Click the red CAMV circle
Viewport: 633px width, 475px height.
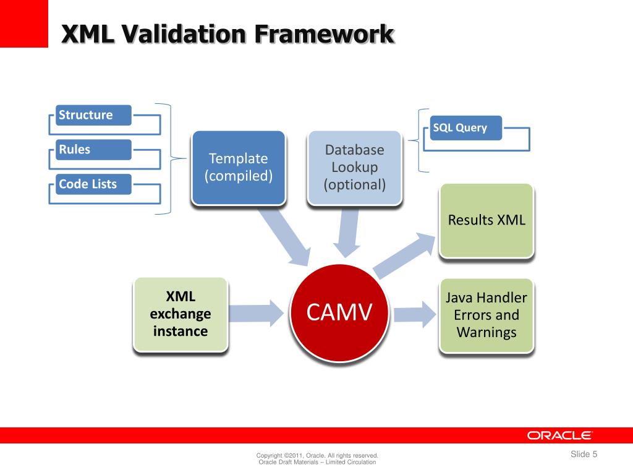(339, 314)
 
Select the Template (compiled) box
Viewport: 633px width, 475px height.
(238, 167)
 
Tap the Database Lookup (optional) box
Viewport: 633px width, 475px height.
(355, 167)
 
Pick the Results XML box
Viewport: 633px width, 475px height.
(486, 220)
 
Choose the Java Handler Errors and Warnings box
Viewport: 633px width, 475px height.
(486, 315)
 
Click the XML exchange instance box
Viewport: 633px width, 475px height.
(181, 314)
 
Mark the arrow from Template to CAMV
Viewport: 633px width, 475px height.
(284, 236)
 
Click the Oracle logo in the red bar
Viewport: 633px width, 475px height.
(560, 435)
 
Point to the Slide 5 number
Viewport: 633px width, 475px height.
(584, 455)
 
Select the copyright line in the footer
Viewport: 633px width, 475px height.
(317, 456)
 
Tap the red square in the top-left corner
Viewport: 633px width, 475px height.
(23, 24)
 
